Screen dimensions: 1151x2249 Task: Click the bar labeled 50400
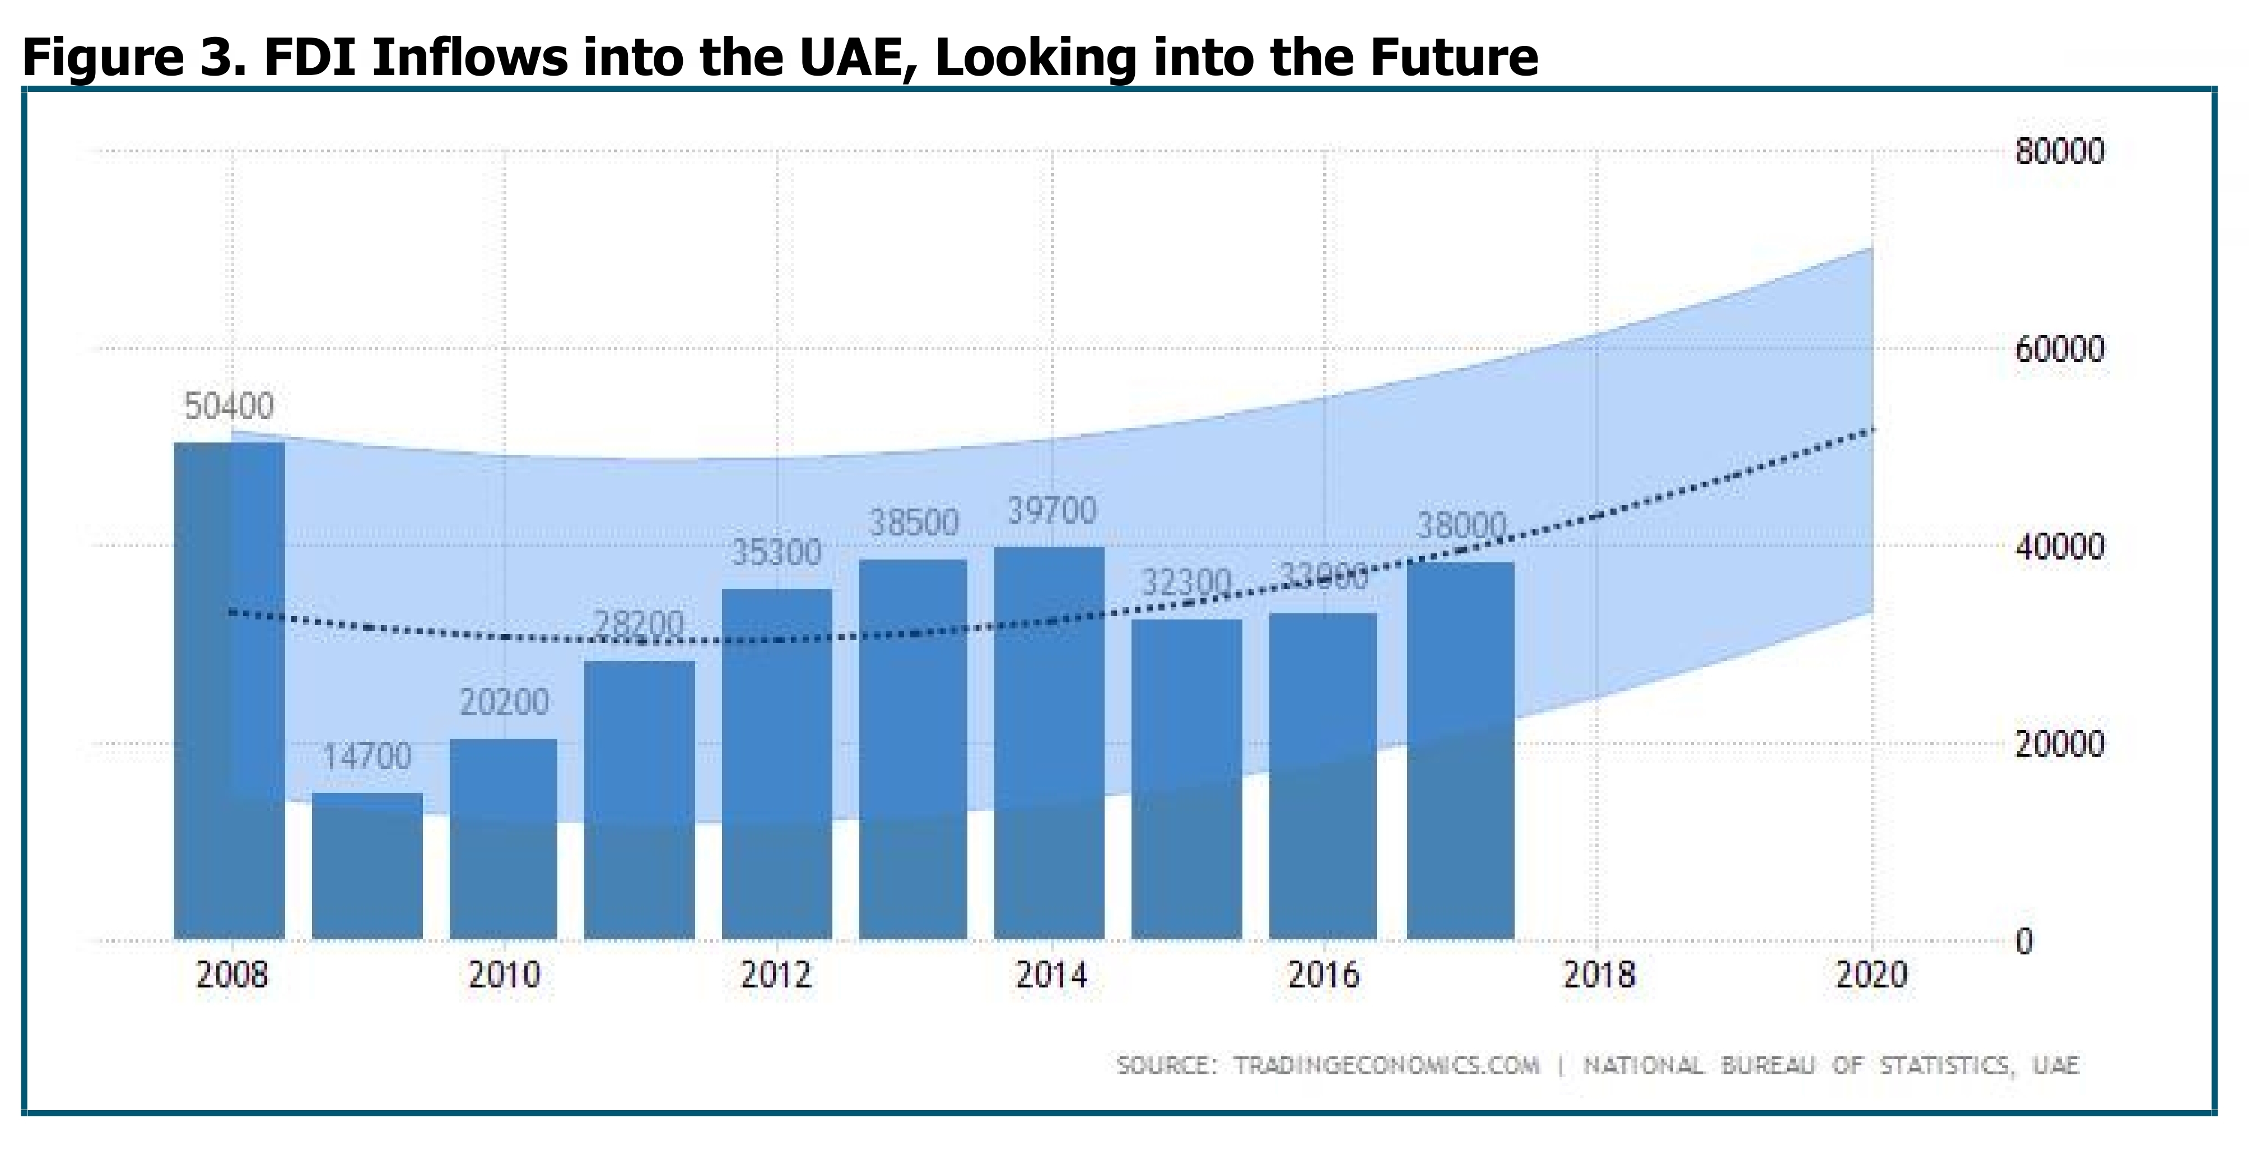pos(230,690)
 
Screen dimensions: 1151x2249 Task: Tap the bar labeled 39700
pos(1049,742)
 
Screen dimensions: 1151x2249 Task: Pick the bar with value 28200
pos(640,799)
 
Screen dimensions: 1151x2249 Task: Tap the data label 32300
pos(1186,581)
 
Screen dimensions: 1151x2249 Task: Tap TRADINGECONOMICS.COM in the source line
pos(1386,1065)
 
